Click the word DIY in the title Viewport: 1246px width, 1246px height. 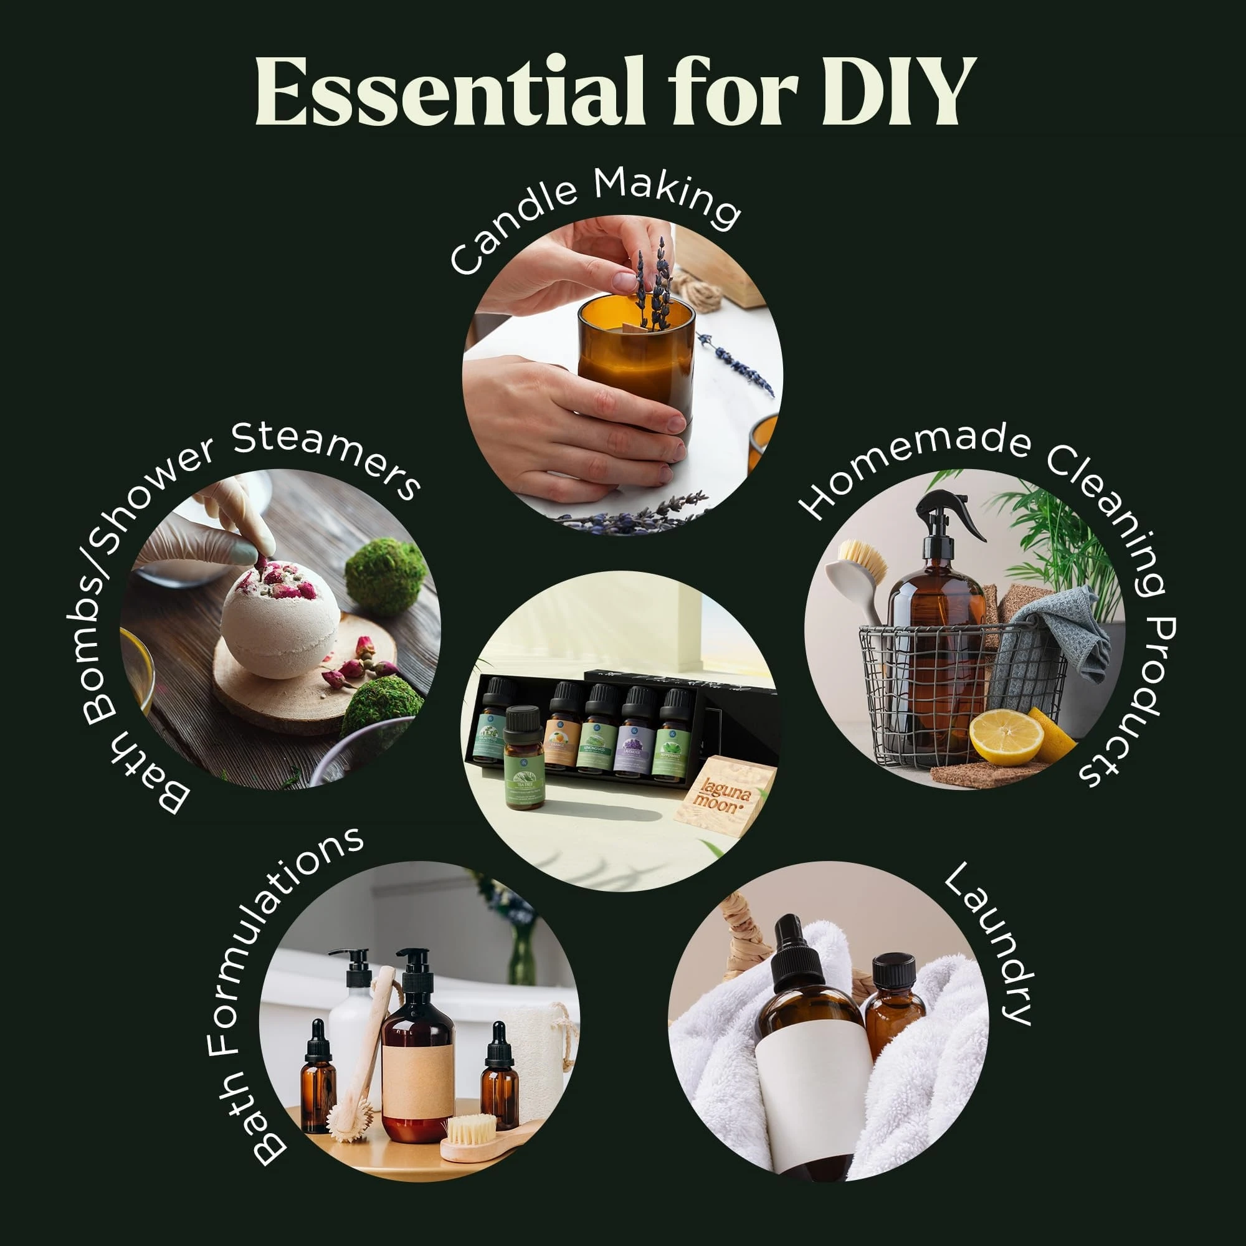click(x=898, y=92)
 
